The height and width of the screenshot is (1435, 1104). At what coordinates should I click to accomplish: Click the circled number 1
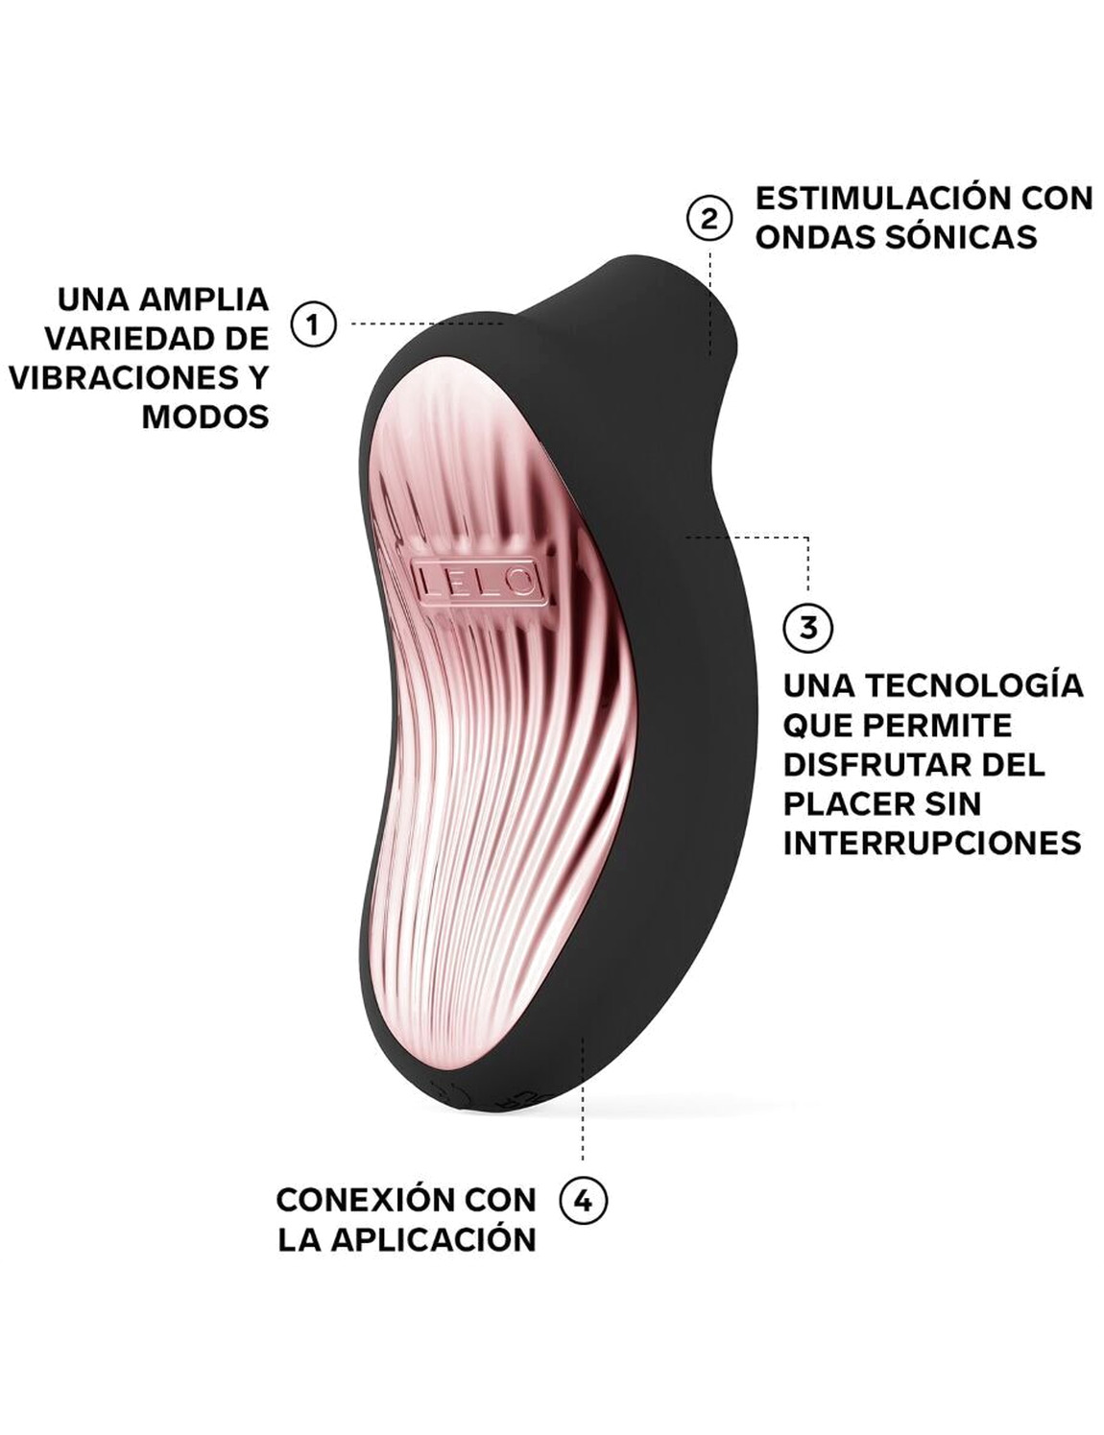313,324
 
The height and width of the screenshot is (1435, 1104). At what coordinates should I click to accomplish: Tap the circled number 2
709,219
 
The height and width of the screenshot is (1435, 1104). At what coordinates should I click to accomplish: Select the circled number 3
808,628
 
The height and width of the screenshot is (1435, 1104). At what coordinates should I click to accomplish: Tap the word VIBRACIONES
124,377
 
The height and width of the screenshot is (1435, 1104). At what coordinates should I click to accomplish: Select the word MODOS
205,417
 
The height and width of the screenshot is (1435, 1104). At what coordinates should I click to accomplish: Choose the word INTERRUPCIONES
932,843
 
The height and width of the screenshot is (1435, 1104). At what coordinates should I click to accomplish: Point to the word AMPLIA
204,299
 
